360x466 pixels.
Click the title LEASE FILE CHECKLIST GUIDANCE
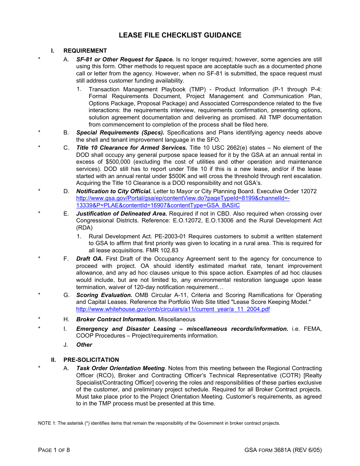[180, 35]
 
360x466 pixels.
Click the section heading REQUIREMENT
[85, 51]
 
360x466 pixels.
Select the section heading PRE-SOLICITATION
[91, 360]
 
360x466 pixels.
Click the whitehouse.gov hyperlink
[173, 309]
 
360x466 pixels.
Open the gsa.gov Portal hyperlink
[183, 199]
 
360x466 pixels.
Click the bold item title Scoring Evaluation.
[104, 295]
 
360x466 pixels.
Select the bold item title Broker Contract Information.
[116, 319]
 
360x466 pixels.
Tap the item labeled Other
[84, 345]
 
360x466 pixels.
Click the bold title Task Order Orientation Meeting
[121, 368]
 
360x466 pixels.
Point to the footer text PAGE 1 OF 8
[54, 450]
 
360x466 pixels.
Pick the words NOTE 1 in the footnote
[47, 423]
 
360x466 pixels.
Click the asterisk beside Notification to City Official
[39, 191]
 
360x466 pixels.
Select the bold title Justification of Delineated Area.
[121, 214]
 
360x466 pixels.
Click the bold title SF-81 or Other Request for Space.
[125, 59]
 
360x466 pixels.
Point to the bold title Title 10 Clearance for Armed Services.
[131, 148]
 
